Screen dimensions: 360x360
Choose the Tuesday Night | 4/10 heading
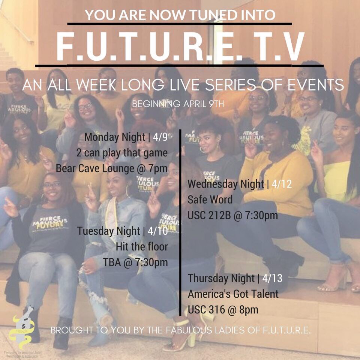pyautogui.click(x=122, y=231)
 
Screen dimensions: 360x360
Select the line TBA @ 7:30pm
pyautogui.click(x=135, y=262)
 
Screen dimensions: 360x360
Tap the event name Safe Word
pyautogui.click(x=210, y=199)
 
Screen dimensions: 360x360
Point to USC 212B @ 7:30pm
pyautogui.click(x=232, y=215)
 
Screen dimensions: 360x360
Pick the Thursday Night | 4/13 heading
pyautogui.click(x=235, y=278)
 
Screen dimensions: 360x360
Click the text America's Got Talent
pyautogui.click(x=233, y=294)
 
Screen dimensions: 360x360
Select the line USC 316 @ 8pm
pyautogui.click(x=223, y=310)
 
